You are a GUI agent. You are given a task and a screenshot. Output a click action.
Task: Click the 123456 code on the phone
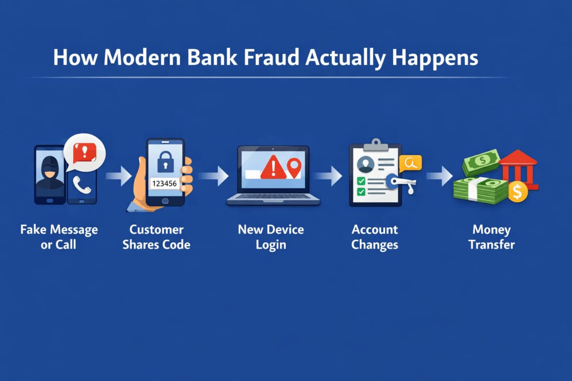point(164,183)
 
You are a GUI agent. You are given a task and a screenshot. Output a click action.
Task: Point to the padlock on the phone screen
point(165,162)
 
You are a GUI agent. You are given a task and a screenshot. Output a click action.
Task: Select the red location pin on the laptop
point(295,168)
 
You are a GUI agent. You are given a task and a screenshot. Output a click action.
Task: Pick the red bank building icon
point(519,169)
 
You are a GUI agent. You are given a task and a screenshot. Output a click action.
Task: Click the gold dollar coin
point(517,191)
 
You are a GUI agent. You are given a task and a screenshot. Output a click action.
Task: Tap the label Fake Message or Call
point(59,237)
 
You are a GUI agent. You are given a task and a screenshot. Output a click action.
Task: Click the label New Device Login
point(271,237)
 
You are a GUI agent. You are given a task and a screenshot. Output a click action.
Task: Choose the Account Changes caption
point(375,237)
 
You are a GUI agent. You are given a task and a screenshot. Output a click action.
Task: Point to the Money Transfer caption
point(491,237)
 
